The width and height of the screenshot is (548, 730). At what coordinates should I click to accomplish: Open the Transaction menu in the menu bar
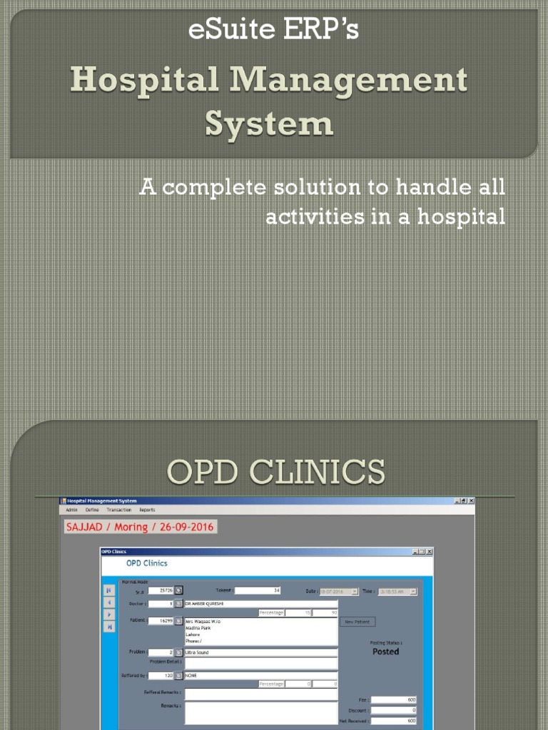coord(118,510)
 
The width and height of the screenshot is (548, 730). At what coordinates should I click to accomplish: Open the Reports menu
coord(147,510)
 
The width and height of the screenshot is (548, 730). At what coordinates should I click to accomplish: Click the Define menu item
coord(92,510)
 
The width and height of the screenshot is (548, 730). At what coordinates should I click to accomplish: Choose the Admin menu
coord(71,510)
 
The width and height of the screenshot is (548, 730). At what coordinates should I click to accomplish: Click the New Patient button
coord(357,622)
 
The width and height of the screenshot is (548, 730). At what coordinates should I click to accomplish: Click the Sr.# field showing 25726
coord(161,590)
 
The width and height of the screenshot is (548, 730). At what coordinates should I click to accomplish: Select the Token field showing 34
coord(258,590)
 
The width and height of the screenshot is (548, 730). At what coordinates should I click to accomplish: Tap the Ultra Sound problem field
coord(260,652)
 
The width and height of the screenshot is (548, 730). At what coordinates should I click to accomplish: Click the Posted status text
coord(385,652)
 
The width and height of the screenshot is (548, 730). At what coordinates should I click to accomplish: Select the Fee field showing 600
coord(393,700)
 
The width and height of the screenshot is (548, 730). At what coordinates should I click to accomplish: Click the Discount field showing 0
coord(393,710)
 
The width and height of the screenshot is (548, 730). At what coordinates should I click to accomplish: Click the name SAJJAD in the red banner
coord(85,528)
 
